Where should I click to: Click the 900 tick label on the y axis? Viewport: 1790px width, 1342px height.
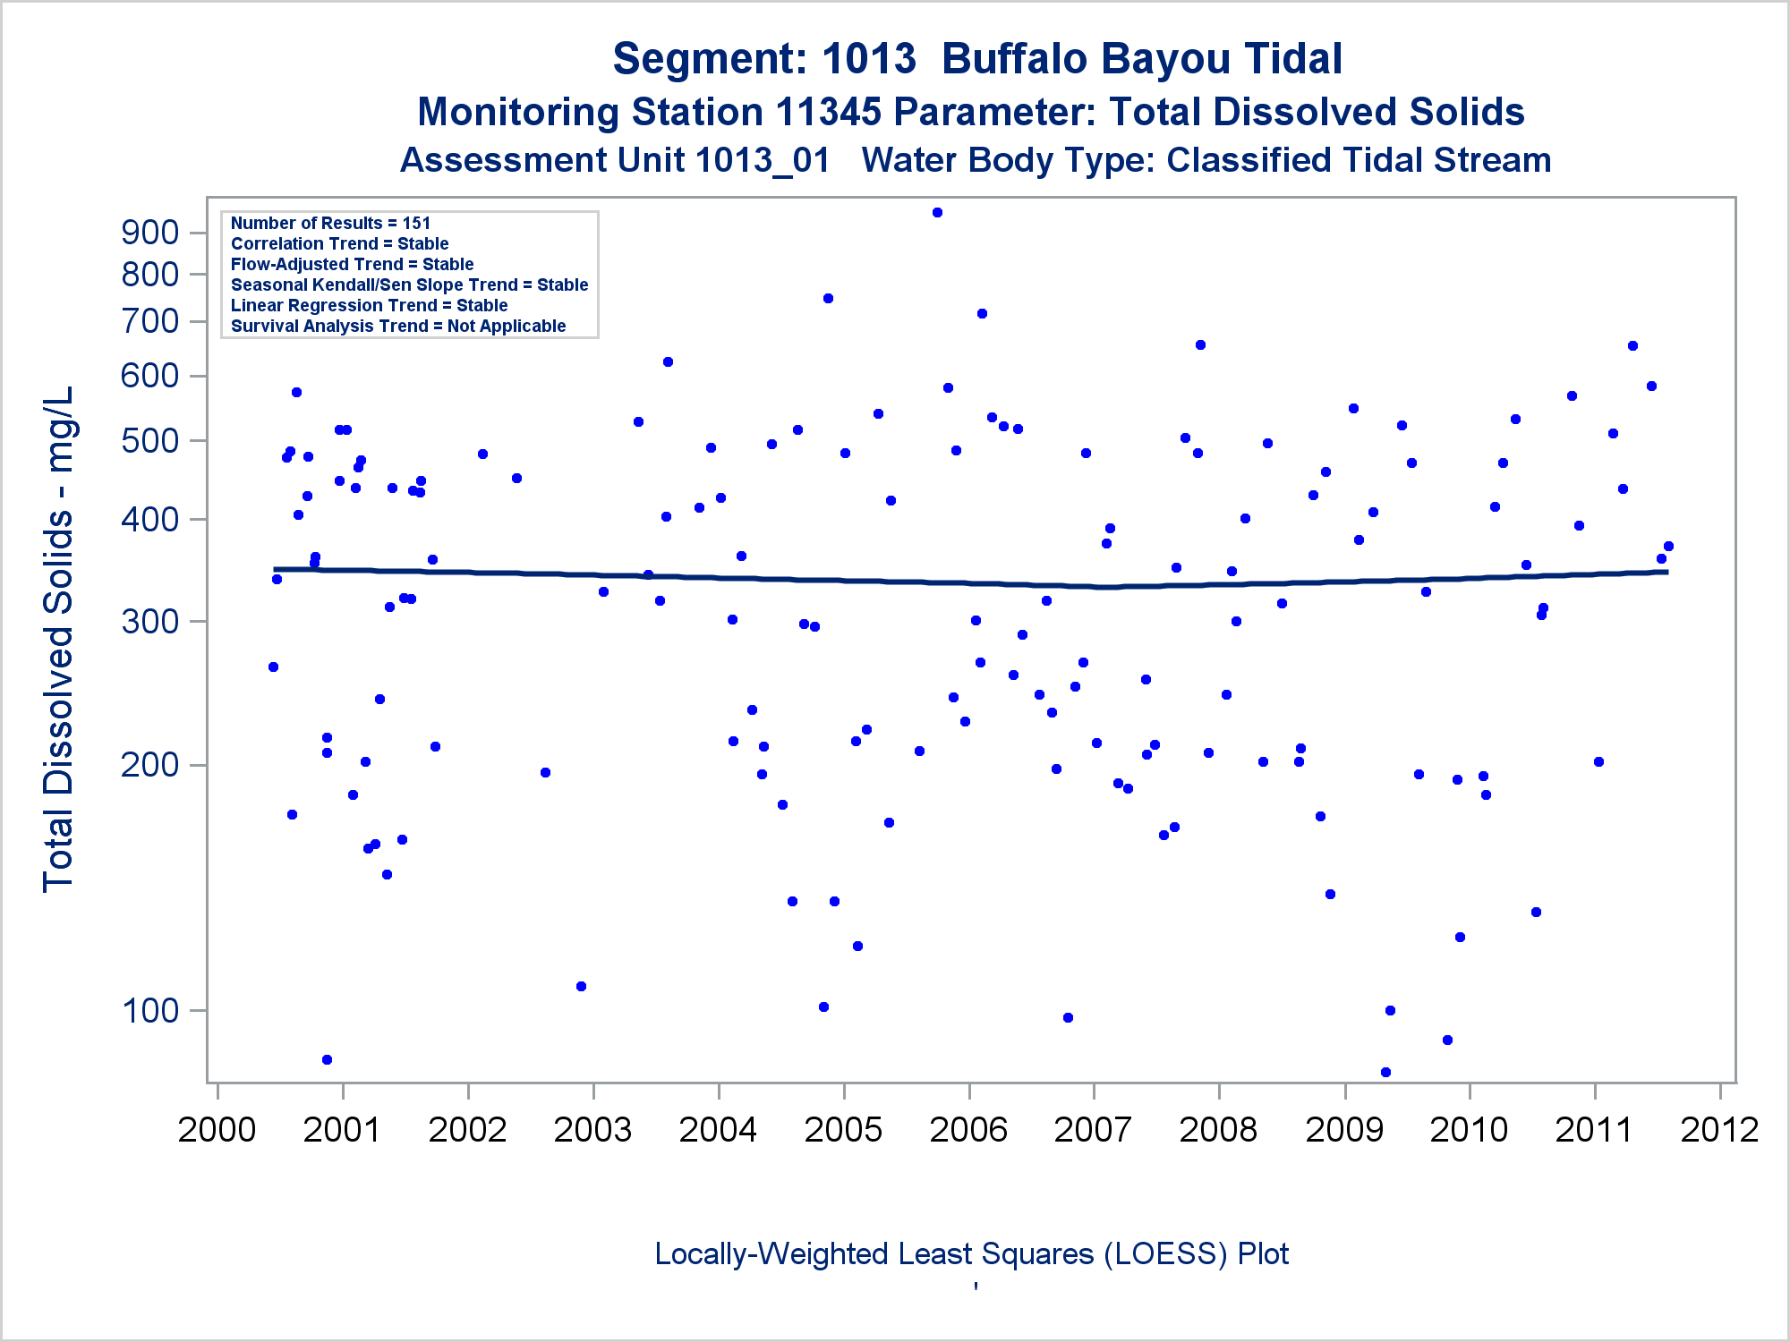tap(149, 233)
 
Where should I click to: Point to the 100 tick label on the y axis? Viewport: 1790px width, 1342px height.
tap(149, 1011)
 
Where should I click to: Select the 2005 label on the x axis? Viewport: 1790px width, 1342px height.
tap(843, 1129)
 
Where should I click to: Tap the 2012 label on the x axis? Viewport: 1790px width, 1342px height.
tap(1719, 1129)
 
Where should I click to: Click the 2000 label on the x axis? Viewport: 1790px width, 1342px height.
tap(217, 1129)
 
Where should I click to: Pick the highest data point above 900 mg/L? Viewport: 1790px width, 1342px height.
tap(937, 213)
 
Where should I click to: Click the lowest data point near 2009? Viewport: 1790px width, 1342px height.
tap(1385, 1072)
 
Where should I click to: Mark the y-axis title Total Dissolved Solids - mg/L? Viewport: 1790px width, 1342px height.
tap(58, 639)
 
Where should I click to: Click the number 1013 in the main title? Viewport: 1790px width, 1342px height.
tap(868, 59)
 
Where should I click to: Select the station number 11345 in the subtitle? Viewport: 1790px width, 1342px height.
tap(828, 113)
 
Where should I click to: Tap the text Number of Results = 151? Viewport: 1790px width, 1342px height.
tap(330, 223)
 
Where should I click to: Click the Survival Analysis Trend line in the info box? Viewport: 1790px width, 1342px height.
tap(398, 326)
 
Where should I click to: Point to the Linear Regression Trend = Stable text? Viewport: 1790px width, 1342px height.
tap(369, 305)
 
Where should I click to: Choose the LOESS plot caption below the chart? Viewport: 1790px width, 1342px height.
tap(971, 1253)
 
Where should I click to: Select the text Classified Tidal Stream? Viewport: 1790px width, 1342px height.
tap(1359, 160)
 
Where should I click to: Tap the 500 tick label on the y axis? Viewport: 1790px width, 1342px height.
tap(149, 441)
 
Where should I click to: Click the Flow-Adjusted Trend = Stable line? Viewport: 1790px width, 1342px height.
tap(352, 264)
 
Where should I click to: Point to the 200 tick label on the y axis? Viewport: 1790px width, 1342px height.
tap(149, 766)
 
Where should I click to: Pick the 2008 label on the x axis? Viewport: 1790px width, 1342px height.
tap(1218, 1129)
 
